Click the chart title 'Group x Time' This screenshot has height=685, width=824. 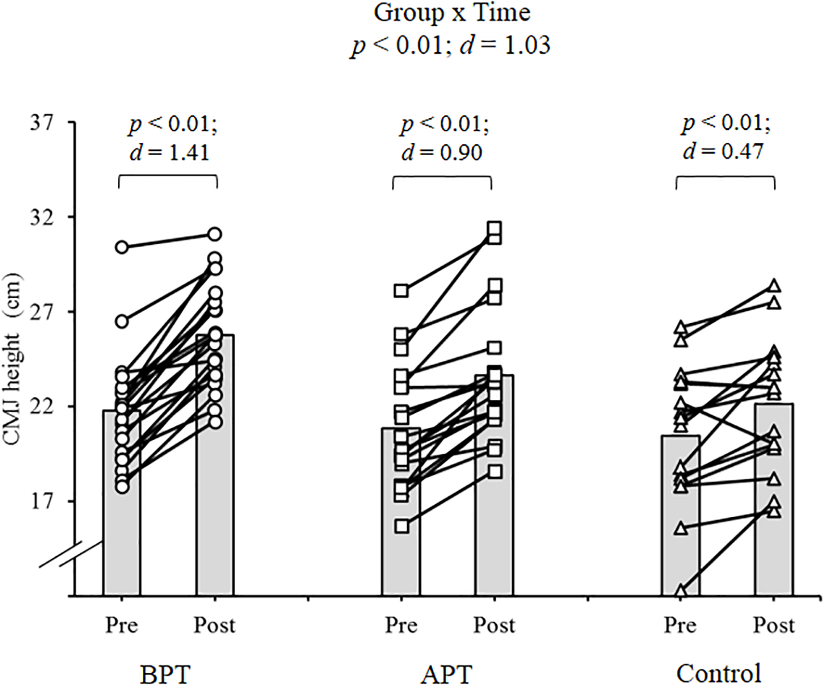pos(451,13)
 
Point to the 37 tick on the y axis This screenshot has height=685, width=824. pos(42,123)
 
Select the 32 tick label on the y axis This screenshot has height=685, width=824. pos(42,217)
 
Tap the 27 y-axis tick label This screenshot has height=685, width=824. pos(42,312)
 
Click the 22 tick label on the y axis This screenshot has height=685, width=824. pos(42,407)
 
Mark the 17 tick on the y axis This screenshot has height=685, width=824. pos(42,501)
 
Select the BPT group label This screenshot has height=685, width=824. pos(165,675)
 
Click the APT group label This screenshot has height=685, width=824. pos(446,675)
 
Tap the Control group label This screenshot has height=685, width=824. pos(718,673)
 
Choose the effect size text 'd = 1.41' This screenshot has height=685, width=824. pos(169,152)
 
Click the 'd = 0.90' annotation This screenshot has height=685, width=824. pos(441,152)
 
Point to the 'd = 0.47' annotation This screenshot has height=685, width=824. pos(723,151)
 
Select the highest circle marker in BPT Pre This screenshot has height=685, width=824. pos(122,247)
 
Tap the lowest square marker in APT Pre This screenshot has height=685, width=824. pos(402,526)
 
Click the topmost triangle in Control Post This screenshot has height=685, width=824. pos(774,286)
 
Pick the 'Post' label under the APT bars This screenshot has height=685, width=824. pos(494,625)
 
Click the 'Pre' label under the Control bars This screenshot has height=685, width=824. pos(680,625)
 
